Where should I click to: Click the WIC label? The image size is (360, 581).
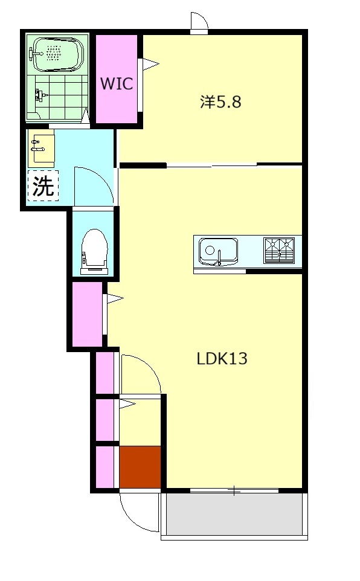point(117,83)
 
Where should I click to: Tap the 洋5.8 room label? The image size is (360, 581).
point(221,101)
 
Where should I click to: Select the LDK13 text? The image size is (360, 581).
point(222,359)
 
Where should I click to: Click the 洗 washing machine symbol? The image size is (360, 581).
point(43,185)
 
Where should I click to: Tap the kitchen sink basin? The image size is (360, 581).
point(218,251)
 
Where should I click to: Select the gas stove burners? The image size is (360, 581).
point(279,250)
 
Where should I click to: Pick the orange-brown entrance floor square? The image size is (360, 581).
point(140,467)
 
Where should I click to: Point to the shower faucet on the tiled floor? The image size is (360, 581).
point(40,95)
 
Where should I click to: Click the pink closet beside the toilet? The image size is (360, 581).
point(87,314)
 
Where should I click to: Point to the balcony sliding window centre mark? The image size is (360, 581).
point(234,491)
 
